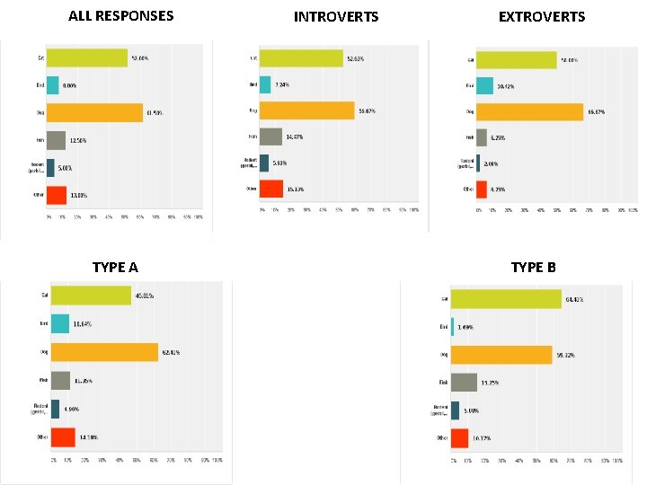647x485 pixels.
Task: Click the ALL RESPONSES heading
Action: coord(121,15)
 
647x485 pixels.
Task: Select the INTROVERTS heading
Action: coord(336,16)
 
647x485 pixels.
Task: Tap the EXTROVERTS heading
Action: coord(541,16)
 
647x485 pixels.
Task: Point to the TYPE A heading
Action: coord(115,267)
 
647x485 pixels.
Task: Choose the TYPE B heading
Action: coord(533,267)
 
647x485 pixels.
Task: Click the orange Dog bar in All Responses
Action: coord(94,113)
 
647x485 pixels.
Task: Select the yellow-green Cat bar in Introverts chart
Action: coord(301,58)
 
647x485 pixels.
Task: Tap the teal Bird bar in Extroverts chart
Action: coord(484,85)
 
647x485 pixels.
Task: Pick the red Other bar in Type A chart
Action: coord(63,437)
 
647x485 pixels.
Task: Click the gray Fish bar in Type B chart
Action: coord(464,383)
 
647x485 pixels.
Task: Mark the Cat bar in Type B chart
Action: coord(506,299)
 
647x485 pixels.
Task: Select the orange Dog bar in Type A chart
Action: coord(104,352)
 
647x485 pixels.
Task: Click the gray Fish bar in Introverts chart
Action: coord(270,137)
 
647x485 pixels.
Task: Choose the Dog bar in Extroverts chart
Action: coord(529,111)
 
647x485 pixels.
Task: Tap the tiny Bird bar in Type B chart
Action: coord(452,327)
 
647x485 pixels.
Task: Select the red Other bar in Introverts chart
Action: coord(271,189)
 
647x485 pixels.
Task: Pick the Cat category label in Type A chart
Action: coord(42,295)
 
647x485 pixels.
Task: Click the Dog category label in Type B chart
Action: coord(443,355)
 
